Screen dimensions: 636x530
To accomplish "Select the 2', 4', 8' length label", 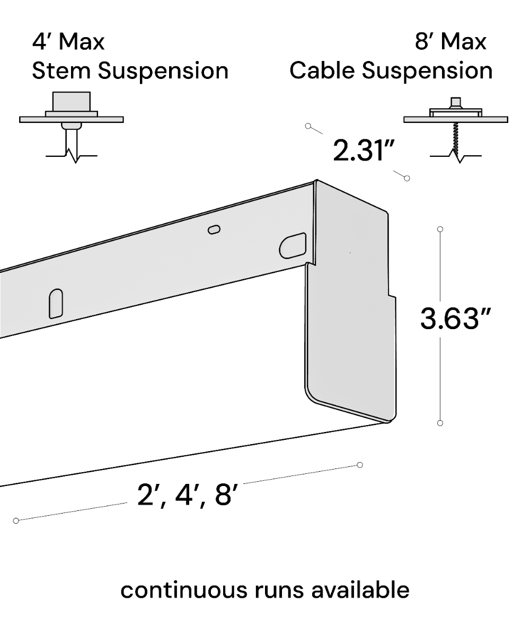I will pos(186,496).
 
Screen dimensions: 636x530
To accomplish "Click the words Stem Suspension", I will pos(130,71).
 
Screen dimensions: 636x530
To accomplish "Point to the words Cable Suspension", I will pos(391,71).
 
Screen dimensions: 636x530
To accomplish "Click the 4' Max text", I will pos(68,42).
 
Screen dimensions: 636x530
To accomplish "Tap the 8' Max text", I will pos(450,42).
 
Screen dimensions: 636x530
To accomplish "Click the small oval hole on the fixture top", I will pos(214,229).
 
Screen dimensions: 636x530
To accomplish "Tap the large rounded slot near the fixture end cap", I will pos(293,245).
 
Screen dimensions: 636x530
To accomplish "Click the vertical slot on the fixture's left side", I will pos(56,303).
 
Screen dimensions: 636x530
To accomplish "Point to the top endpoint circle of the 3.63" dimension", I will pos(440,229).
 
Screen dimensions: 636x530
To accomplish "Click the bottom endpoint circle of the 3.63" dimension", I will pos(440,423).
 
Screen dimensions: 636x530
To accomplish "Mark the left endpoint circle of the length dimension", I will pos(16,520).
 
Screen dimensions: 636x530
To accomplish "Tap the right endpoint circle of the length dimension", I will pos(360,465).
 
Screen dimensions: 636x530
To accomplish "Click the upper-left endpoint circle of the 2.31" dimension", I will pos(308,126).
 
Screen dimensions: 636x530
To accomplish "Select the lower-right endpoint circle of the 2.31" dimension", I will pos(407,178).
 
